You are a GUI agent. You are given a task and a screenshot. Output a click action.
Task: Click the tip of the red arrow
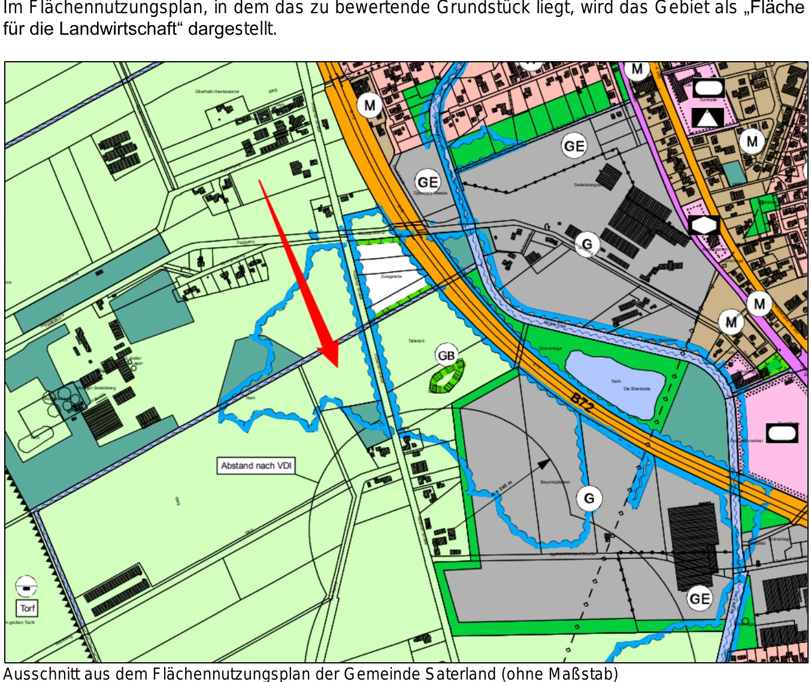pyautogui.click(x=337, y=366)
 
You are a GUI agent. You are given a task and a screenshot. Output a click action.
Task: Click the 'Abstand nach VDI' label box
pyautogui.click(x=256, y=466)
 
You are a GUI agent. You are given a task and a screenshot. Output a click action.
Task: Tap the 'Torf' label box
pyautogui.click(x=27, y=608)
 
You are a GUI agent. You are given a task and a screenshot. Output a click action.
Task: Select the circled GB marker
pyautogui.click(x=446, y=355)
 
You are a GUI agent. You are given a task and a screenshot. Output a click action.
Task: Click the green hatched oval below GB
pyautogui.click(x=447, y=379)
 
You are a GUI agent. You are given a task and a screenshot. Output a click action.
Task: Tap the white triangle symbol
pyautogui.click(x=707, y=117)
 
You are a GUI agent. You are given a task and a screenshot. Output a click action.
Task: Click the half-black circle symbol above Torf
pyautogui.click(x=26, y=586)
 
